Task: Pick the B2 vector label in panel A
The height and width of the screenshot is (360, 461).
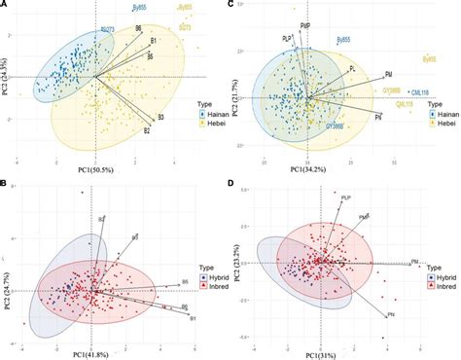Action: point(146,129)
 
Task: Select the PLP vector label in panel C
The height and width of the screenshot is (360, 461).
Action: point(287,38)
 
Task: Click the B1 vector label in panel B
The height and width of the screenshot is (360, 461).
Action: point(193,318)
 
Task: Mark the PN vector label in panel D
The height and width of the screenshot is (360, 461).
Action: point(390,316)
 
